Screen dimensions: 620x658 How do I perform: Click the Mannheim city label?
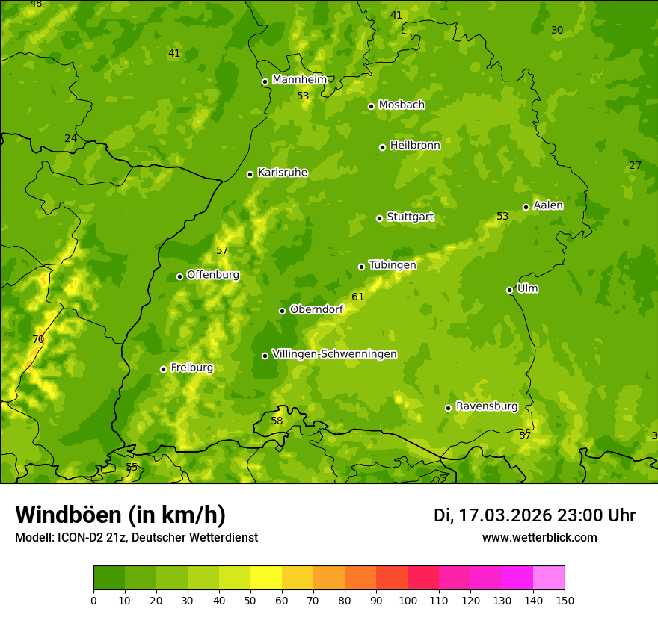pyautogui.click(x=299, y=80)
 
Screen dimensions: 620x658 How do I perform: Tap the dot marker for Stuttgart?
pyautogui.click(x=379, y=218)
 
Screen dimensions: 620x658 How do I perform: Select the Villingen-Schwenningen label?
pyautogui.click(x=334, y=354)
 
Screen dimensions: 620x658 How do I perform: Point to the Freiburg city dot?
pyautogui.click(x=163, y=369)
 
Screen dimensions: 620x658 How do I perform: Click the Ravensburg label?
pyautogui.click(x=487, y=406)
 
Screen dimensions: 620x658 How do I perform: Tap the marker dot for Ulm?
pyautogui.click(x=509, y=290)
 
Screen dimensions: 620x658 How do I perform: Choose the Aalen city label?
pyautogui.click(x=548, y=205)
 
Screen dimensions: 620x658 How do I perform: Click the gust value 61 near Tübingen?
pyautogui.click(x=358, y=297)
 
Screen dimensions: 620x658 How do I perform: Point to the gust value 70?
pyautogui.click(x=38, y=340)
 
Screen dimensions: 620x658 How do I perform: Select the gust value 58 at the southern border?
pyautogui.click(x=277, y=421)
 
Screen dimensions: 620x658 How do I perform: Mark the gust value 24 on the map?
pyautogui.click(x=70, y=139)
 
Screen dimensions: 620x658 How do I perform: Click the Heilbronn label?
pyautogui.click(x=415, y=146)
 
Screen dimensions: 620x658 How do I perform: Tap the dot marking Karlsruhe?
pyautogui.click(x=250, y=174)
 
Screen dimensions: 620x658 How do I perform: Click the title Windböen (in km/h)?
pyautogui.click(x=120, y=515)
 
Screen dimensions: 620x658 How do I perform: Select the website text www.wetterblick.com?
pyautogui.click(x=539, y=538)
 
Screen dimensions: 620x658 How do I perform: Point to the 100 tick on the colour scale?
pyautogui.click(x=408, y=600)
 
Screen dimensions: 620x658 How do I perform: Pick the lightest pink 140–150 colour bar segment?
pyautogui.click(x=549, y=577)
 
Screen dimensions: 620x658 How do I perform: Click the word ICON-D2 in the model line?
pyautogui.click(x=80, y=538)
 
